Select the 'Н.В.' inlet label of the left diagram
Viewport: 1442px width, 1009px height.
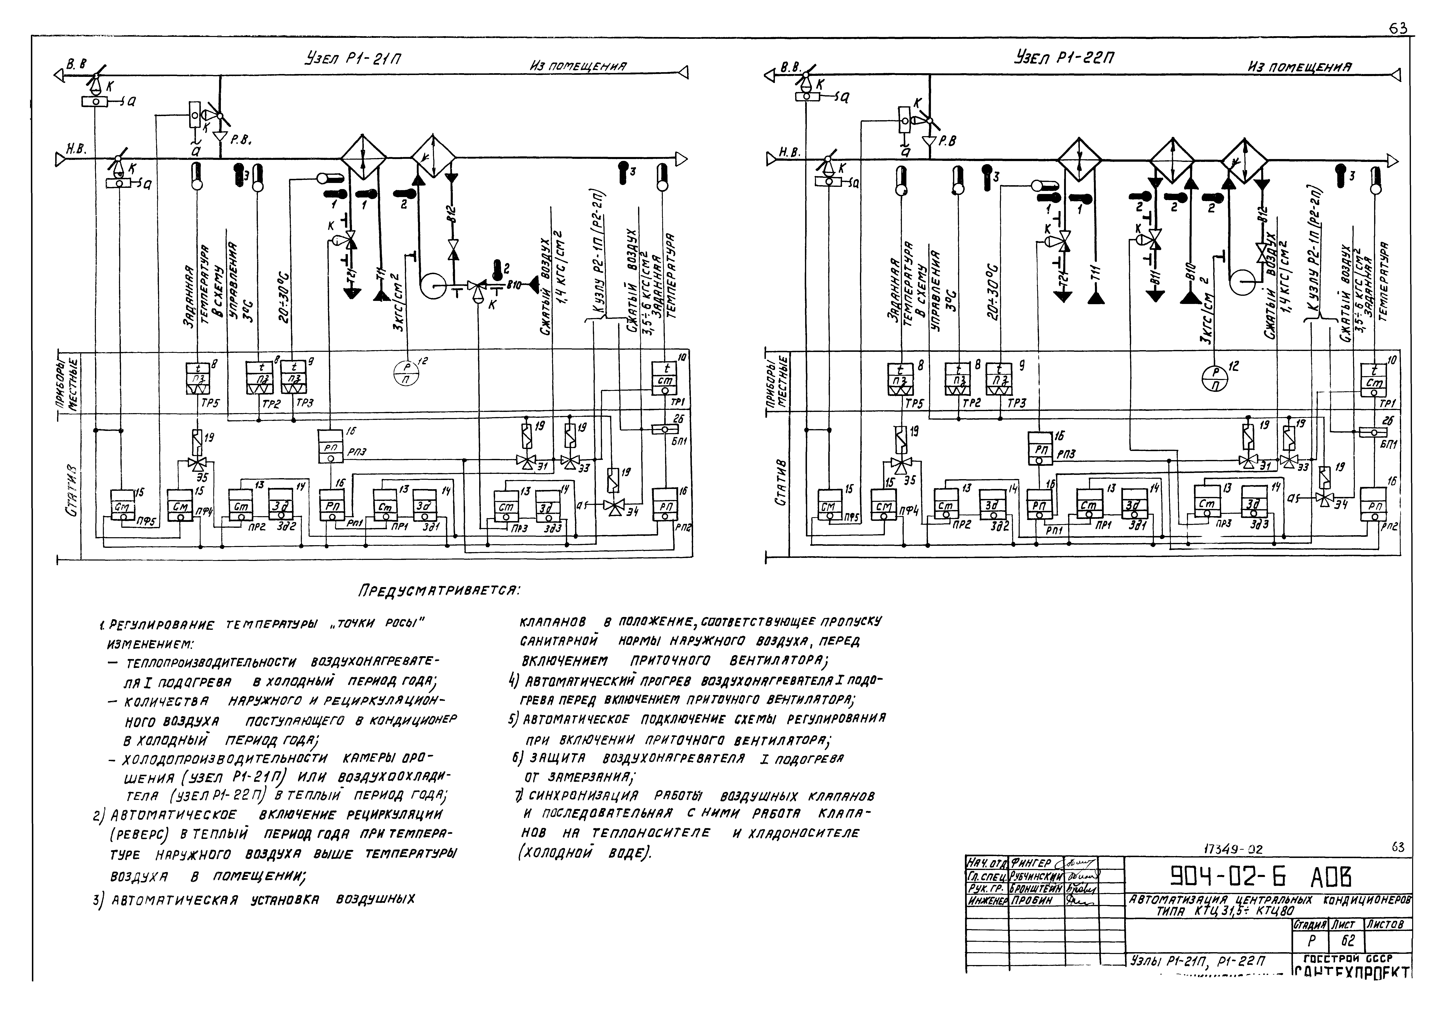click(77, 149)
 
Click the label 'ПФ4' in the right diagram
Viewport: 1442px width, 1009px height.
click(912, 512)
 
